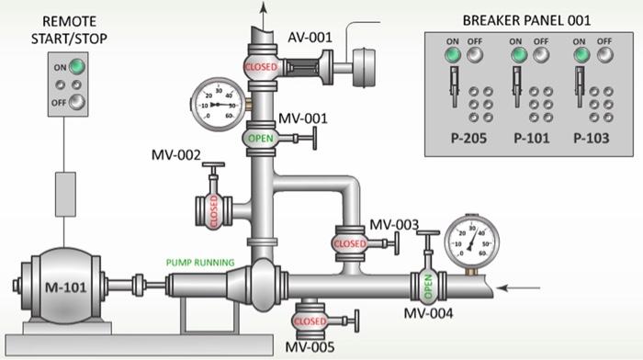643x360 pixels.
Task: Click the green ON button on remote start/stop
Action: [79, 67]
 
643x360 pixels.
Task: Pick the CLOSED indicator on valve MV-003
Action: [349, 243]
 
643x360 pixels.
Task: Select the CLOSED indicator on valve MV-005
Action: [309, 321]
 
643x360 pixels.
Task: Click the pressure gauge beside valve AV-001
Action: [217, 104]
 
